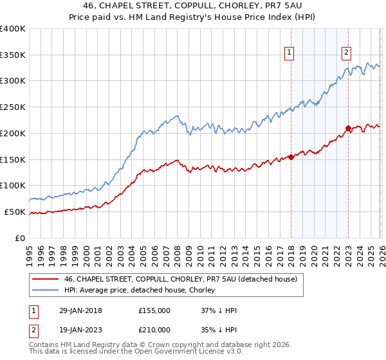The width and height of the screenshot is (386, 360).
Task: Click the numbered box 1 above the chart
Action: [x=289, y=53]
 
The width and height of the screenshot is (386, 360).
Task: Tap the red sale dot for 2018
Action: [x=291, y=156]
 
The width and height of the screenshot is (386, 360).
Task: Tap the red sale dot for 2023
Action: [x=348, y=128]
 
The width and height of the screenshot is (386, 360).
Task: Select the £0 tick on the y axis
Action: [x=20, y=238]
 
